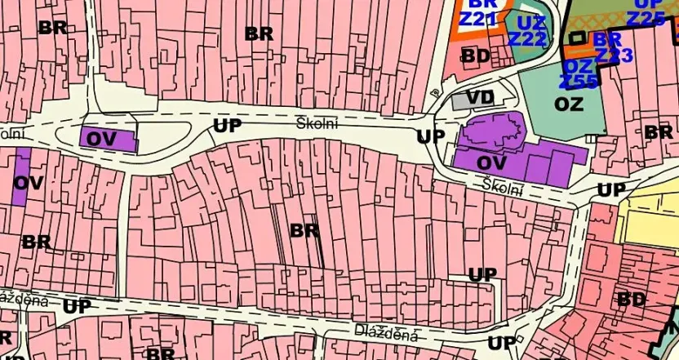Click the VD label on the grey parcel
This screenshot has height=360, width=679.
481,98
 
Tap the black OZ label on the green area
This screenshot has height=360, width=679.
569,104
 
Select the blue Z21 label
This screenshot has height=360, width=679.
478,18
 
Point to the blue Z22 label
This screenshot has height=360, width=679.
526,38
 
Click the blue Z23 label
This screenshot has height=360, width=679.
614,56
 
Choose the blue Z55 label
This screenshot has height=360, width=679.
578,81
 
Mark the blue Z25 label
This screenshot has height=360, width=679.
646,18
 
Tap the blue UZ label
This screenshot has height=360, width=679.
531,22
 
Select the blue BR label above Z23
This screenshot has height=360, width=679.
607,39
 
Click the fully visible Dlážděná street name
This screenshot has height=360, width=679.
387,333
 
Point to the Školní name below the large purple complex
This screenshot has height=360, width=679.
502,186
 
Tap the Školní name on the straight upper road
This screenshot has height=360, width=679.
317,122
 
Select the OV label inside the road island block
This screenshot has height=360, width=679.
102,139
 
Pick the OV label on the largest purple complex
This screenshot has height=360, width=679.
481,161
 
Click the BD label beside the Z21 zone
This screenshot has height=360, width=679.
476,56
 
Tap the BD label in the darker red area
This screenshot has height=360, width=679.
632,300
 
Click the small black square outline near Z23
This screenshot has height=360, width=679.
577,37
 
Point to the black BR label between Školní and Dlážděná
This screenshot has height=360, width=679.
304,230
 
